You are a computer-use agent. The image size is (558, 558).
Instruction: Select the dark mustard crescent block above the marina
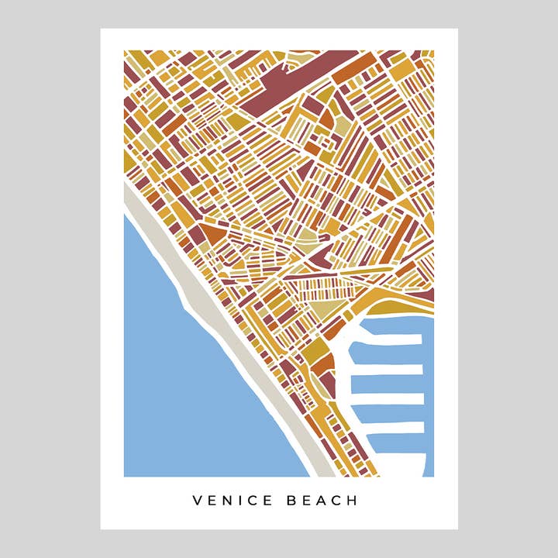click(x=387, y=297)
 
